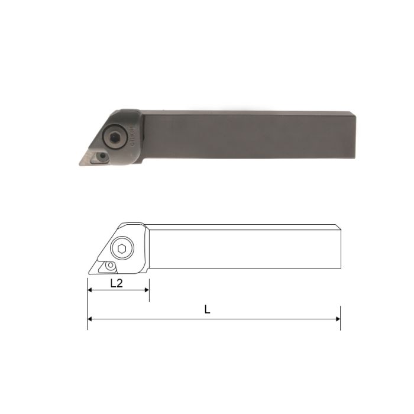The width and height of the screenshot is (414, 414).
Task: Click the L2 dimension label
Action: pos(117,283)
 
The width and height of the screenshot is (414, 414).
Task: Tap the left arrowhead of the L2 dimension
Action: pos(89,290)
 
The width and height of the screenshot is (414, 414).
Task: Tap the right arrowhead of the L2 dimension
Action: pos(146,290)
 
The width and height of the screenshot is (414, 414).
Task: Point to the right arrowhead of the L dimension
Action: pos(338,319)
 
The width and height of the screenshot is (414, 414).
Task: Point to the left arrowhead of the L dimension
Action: pos(89,319)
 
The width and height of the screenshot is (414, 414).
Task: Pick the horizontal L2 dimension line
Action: pos(118,290)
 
